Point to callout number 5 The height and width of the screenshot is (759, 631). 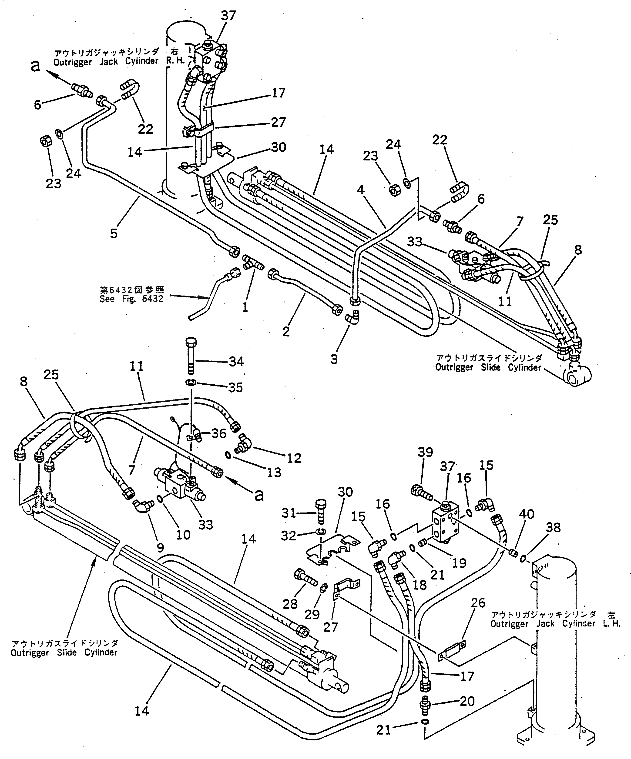click(x=114, y=233)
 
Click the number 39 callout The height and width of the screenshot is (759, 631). click(x=425, y=453)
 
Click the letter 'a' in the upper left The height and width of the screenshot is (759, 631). click(x=35, y=66)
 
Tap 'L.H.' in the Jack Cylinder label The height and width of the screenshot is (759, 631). click(x=611, y=624)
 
